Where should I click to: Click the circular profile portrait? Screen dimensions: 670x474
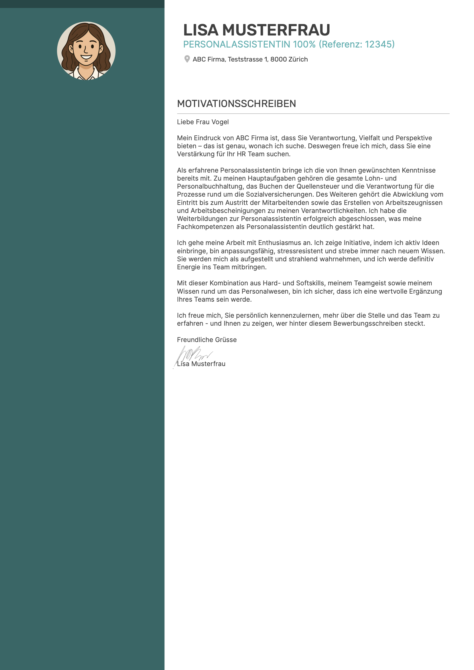click(86, 51)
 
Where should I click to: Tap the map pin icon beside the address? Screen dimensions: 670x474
click(187, 59)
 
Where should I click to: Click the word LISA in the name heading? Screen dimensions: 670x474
click(201, 30)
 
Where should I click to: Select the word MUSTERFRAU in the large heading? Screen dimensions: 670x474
click(276, 30)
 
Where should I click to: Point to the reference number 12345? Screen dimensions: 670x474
click(378, 44)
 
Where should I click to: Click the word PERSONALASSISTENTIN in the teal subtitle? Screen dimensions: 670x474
click(237, 44)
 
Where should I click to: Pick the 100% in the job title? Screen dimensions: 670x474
click(304, 44)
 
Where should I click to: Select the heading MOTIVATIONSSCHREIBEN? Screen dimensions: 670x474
click(236, 104)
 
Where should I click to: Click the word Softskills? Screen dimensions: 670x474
click(310, 283)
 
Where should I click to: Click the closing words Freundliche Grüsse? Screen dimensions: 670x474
click(207, 340)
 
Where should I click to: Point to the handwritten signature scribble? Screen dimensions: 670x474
click(193, 354)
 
